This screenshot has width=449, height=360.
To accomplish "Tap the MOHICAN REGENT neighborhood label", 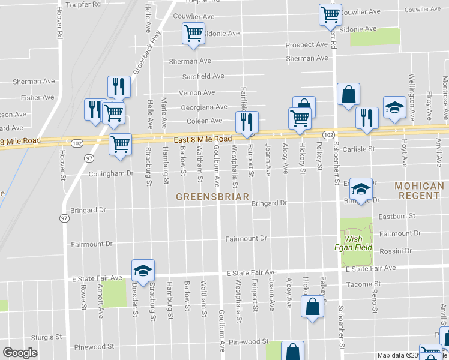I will point(420,191).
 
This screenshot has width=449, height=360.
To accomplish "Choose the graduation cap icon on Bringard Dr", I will point(361,190).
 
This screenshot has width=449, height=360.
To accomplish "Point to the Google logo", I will point(20,353).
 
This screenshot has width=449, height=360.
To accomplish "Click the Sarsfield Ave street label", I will point(203,76).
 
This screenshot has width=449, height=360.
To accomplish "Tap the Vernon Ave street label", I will point(197,92).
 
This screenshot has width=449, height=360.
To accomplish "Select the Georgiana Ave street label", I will point(204,107).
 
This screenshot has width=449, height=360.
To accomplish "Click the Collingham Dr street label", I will point(110,173).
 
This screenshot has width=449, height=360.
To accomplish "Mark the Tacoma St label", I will point(364,284).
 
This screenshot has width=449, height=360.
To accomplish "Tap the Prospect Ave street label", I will point(306,45).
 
